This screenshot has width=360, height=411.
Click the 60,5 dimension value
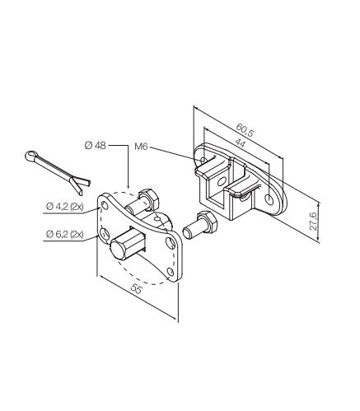[245, 129]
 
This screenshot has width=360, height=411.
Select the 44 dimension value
[241, 143]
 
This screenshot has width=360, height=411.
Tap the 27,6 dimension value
[313, 221]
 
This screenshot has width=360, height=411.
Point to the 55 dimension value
[137, 288]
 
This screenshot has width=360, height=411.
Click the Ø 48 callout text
[95, 145]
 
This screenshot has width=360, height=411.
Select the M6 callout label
[141, 147]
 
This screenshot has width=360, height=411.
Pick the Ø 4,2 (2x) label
[65, 206]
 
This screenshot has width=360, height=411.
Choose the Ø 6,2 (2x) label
[65, 234]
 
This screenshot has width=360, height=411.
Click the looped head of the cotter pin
[30, 156]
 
